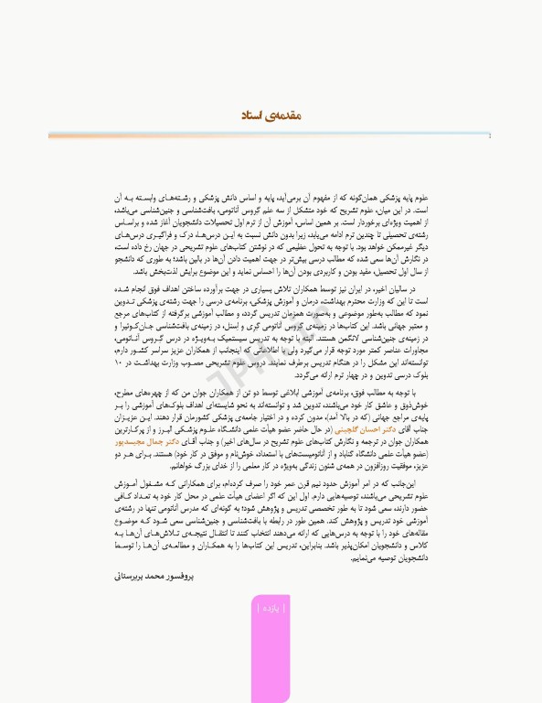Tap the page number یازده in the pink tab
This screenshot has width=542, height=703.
(x=270, y=606)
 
